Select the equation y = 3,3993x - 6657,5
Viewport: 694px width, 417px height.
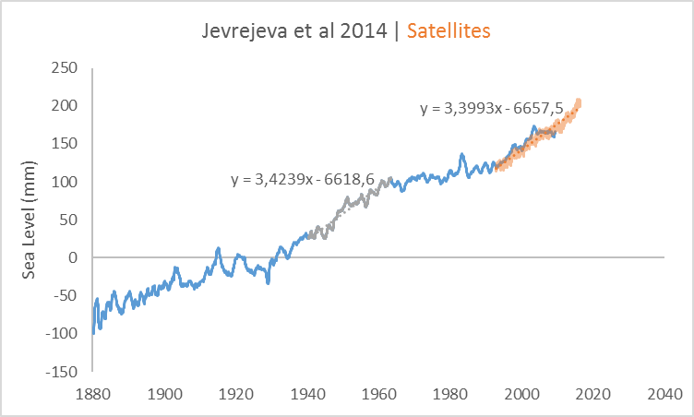(491, 109)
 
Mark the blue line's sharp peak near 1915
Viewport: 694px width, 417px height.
(218, 248)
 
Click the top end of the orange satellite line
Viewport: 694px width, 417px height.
(579, 101)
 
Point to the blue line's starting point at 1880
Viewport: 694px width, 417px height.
(93, 332)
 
